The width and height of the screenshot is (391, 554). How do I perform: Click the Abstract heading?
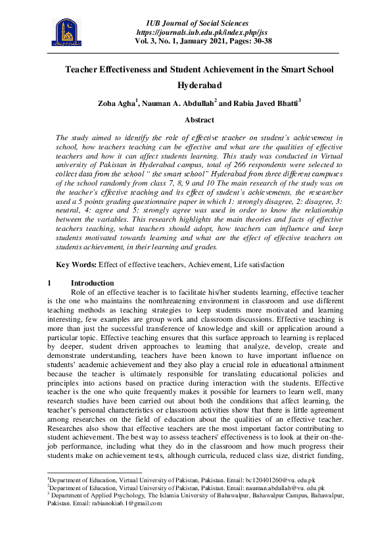coord(199,120)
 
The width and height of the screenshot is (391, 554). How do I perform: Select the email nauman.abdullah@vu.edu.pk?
coord(281,488)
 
